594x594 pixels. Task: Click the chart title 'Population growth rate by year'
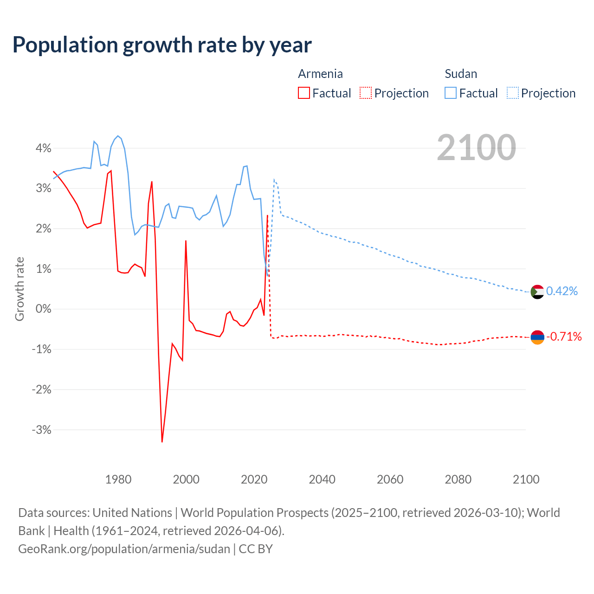pyautogui.click(x=162, y=45)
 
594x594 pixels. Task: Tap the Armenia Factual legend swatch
pyautogui.click(x=303, y=93)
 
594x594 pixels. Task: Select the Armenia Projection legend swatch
pyautogui.click(x=366, y=93)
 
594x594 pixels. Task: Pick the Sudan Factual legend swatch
pyautogui.click(x=451, y=93)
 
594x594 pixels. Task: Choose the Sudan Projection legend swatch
pyautogui.click(x=513, y=93)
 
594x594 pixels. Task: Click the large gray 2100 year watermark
pyautogui.click(x=476, y=148)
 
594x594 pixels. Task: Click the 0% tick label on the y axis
pyautogui.click(x=44, y=309)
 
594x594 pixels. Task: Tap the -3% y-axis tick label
pyautogui.click(x=41, y=430)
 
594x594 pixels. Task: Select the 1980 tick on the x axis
pyautogui.click(x=118, y=479)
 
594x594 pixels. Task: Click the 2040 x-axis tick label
pyautogui.click(x=322, y=479)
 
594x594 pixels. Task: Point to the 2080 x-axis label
pyautogui.click(x=458, y=479)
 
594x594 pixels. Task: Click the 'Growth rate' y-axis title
pyautogui.click(x=19, y=289)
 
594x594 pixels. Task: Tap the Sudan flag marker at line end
pyautogui.click(x=537, y=292)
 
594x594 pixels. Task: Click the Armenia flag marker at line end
pyautogui.click(x=537, y=337)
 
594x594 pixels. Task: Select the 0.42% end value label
pyautogui.click(x=562, y=291)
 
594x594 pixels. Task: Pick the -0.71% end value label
pyautogui.click(x=564, y=336)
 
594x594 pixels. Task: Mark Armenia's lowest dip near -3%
pyautogui.click(x=162, y=441)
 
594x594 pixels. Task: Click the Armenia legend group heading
pyautogui.click(x=320, y=74)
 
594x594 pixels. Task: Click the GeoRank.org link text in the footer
pyautogui.click(x=124, y=549)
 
